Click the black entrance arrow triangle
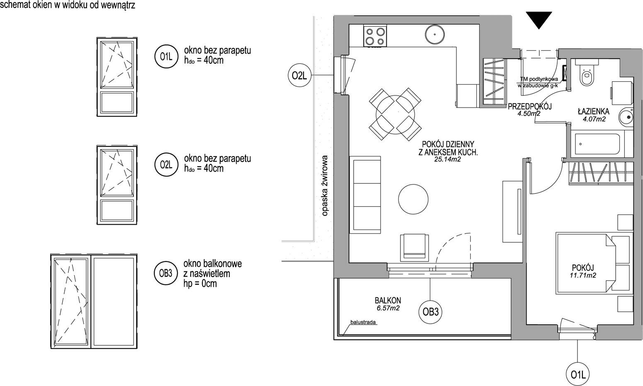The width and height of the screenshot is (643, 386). click(x=539, y=19)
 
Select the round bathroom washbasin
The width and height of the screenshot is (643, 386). click(x=626, y=117)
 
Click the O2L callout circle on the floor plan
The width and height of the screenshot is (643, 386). click(x=299, y=75)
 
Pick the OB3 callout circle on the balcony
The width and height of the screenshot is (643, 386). click(x=430, y=312)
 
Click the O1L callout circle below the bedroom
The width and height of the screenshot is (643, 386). click(x=578, y=375)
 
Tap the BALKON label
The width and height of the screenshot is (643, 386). click(x=388, y=300)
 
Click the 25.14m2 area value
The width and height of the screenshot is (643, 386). click(x=447, y=159)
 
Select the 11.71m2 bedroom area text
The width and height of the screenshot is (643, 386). click(x=583, y=275)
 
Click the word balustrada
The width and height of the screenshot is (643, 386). click(x=363, y=322)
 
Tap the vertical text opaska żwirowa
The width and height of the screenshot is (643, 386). click(x=325, y=186)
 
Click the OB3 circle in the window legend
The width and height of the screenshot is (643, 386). click(x=166, y=273)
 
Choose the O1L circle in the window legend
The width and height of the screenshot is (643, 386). click(x=167, y=56)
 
